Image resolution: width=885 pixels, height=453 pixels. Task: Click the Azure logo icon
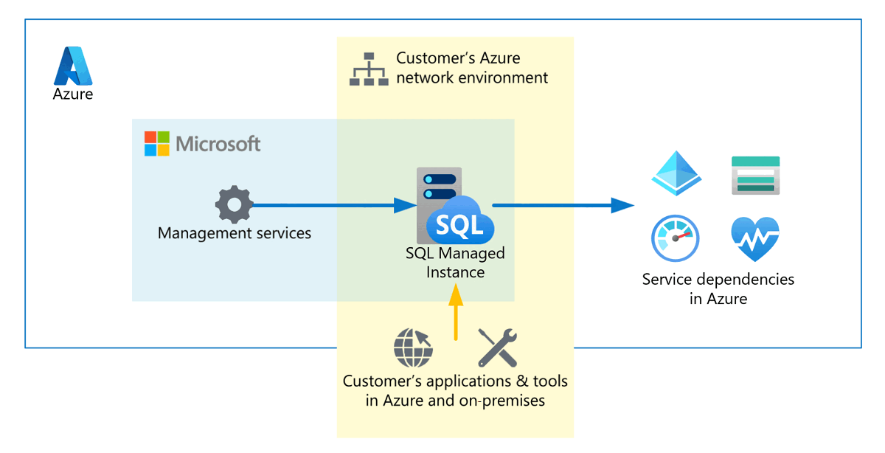(73, 66)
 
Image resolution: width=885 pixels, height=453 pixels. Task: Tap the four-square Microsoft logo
(156, 144)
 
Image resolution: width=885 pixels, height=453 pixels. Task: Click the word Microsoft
(218, 144)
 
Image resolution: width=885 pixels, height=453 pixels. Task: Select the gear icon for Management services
(234, 205)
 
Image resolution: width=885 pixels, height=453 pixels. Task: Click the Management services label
(235, 233)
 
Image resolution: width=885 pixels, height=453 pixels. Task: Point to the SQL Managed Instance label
(455, 263)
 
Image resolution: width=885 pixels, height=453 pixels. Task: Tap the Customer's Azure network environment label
(472, 68)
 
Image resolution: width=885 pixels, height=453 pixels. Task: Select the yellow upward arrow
(456, 313)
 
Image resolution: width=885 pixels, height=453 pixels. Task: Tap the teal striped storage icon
(755, 175)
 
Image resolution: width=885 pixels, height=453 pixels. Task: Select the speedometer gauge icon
(675, 239)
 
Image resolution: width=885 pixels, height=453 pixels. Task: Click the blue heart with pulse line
(755, 238)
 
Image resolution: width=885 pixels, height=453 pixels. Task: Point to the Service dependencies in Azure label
(718, 289)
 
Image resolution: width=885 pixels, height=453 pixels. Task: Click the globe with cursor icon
(414, 347)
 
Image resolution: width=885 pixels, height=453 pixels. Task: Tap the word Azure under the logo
(73, 94)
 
